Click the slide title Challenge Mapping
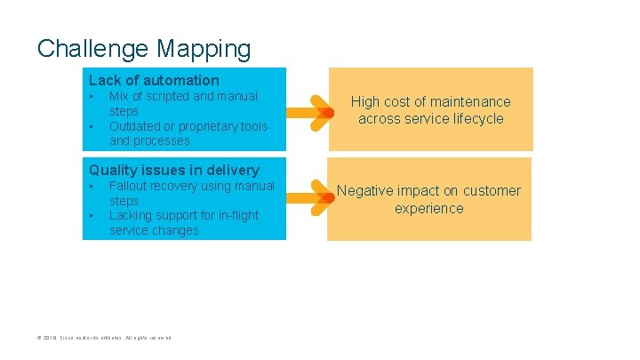tap(144, 47)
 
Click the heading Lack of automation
tap(154, 80)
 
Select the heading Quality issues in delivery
tap(174, 170)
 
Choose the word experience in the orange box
tap(430, 208)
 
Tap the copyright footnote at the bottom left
tap(103, 338)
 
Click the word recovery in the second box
tap(180, 186)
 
